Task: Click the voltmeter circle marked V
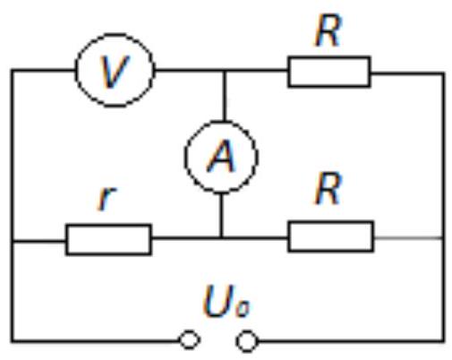click(x=77, y=71)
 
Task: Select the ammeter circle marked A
click(x=185, y=157)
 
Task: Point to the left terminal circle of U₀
click(x=189, y=331)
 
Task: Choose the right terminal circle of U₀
click(x=246, y=331)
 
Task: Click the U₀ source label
click(x=226, y=301)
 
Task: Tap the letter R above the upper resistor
click(x=328, y=31)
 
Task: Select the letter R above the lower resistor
click(x=328, y=189)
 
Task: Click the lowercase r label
click(x=107, y=198)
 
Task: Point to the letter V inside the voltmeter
click(x=115, y=72)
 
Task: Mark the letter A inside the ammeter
click(x=221, y=156)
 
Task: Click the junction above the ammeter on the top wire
click(x=225, y=71)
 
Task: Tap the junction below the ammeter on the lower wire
click(x=221, y=238)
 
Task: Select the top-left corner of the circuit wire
click(x=13, y=71)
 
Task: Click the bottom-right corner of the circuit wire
click(x=444, y=340)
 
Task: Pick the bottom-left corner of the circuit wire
click(x=13, y=340)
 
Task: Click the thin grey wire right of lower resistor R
click(x=408, y=238)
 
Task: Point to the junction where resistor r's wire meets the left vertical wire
click(x=13, y=240)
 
